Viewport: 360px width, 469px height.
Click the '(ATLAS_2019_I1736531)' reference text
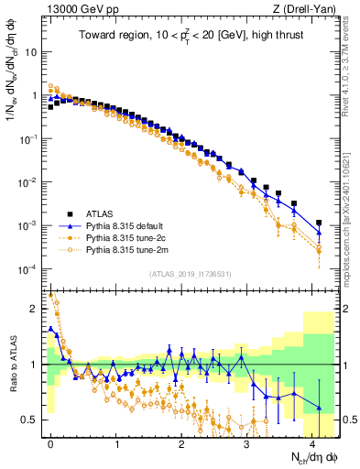pos(190,274)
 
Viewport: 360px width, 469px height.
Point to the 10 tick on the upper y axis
pos(32,52)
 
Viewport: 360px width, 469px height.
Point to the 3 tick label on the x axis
pos(247,442)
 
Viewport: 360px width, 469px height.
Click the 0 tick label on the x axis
pos(50,442)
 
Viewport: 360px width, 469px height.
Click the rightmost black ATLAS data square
pos(319,223)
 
